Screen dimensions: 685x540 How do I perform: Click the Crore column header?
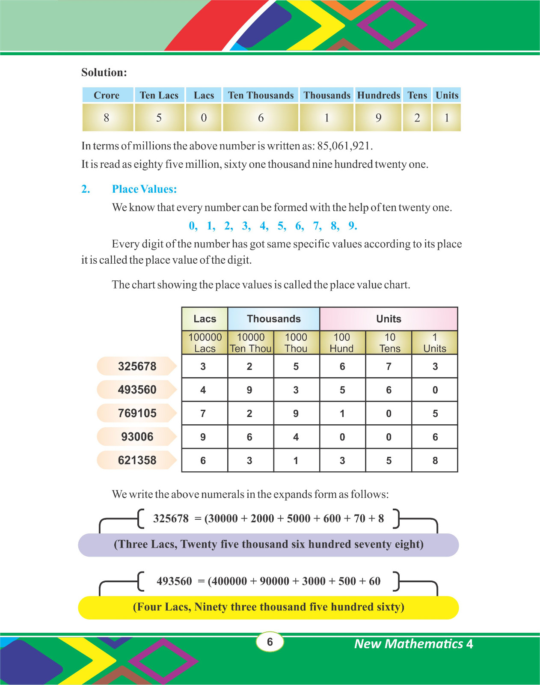pos(107,95)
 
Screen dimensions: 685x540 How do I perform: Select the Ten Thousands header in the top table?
pos(261,95)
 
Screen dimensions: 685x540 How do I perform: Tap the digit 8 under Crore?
pos(107,118)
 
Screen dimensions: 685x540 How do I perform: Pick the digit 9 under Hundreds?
pos(378,118)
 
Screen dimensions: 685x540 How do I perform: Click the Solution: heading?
pos(104,72)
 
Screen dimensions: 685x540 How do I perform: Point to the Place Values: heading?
pos(144,189)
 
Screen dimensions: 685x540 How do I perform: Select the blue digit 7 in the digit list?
pos(317,226)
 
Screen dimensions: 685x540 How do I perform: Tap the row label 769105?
pos(137,413)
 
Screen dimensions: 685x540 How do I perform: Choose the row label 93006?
pos(137,437)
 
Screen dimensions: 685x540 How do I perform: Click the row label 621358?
pos(137,460)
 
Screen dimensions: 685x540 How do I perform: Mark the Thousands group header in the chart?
pos(274,319)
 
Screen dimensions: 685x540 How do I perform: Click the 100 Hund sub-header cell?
pos(342,342)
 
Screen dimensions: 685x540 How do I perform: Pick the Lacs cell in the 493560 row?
pos(203,390)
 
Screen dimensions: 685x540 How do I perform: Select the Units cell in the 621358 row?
pos(435,461)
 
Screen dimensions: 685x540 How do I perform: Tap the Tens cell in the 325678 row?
pos(389,366)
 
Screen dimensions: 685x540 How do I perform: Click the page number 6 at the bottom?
pos(270,642)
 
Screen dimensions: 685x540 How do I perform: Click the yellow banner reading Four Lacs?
pos(268,607)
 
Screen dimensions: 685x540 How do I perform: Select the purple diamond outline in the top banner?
pos(392,24)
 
